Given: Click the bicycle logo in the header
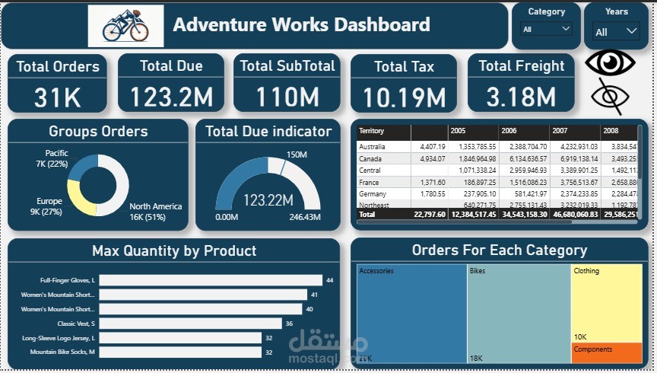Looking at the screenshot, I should coord(125,26).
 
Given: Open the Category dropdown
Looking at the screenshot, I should coord(547,29).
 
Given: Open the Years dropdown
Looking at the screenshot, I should coord(617,32).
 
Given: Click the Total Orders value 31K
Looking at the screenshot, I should coord(57,97).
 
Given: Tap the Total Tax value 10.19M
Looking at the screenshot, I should coord(404,97).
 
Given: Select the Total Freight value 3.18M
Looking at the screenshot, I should coord(521,97).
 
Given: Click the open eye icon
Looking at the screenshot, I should coord(611,62).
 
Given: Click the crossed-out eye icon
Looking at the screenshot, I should coord(611,97).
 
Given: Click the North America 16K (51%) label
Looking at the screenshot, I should coord(155,212).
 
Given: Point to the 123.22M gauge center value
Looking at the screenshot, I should coord(268,200).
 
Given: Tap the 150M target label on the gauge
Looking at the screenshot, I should coord(297,155).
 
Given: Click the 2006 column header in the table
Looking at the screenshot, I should coord(509,131).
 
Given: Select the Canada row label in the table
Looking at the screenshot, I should coord(370,158).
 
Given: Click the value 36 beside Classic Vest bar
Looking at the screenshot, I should coord(289,324).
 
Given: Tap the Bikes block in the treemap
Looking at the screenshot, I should coord(518,312).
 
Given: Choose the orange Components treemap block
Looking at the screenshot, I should coord(606,352).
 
